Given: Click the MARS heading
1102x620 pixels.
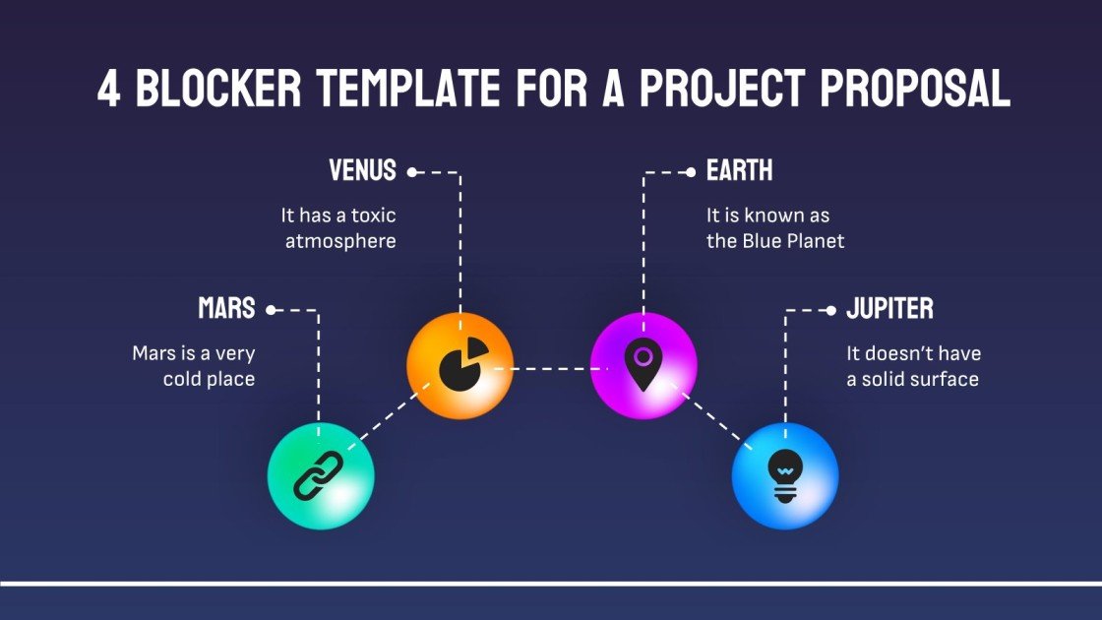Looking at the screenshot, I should click(226, 309).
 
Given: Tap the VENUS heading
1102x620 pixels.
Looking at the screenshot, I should click(362, 171).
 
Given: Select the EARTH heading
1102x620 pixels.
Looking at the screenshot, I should click(740, 171).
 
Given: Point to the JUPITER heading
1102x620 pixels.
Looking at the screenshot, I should click(890, 309).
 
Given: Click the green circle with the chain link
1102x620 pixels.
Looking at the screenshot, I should click(321, 476).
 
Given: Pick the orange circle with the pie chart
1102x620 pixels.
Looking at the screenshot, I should click(459, 366).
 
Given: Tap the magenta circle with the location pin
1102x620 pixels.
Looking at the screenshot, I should click(643, 366).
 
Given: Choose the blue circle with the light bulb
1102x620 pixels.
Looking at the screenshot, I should click(784, 476).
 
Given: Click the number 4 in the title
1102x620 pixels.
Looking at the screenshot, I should click(109, 90).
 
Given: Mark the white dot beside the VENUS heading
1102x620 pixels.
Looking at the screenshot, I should click(412, 172).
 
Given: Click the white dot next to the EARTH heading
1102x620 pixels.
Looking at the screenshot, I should click(692, 172).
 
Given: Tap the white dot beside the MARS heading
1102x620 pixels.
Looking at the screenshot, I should click(272, 310).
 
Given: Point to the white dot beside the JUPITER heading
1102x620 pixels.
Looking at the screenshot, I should click(831, 310).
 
